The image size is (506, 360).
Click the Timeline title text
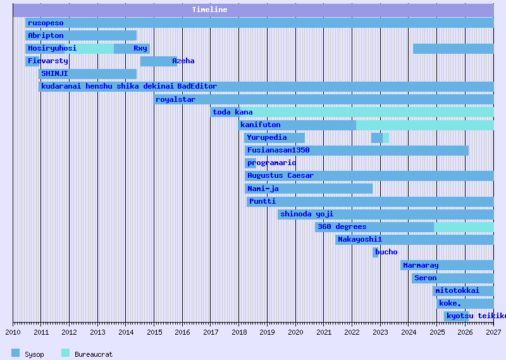209,10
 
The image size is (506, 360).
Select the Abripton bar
81,35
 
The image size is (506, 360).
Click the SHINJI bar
87,73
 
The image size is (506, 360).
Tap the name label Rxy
140,48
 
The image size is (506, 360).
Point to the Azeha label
183,61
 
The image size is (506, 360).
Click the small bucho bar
375,252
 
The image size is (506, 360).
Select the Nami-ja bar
309,189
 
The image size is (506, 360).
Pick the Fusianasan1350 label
278,150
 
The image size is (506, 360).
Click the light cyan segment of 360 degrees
464,227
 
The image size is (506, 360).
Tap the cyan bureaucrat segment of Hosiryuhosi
96,48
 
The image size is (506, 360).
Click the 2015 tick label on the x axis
154,332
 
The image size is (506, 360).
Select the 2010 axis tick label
13,332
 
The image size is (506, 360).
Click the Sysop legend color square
16,353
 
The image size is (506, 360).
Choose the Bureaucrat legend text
94,354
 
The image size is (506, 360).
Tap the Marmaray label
421,265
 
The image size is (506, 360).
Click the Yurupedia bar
275,137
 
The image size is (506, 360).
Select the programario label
271,163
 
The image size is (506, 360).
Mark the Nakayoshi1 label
360,239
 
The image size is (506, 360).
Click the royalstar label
175,99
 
